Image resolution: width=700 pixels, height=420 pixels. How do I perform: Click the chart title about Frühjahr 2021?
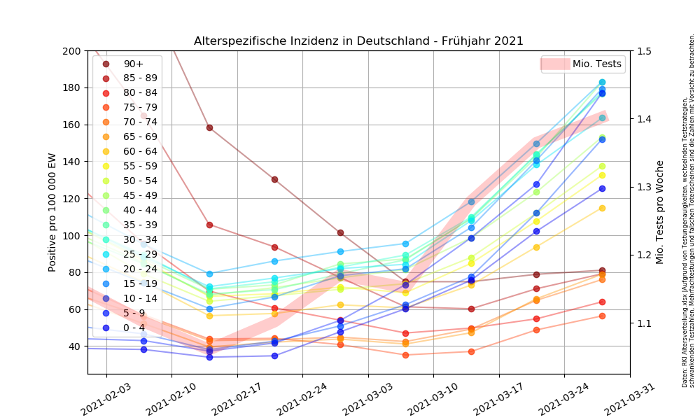(358, 41)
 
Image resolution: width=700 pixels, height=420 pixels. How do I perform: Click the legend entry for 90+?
(133, 64)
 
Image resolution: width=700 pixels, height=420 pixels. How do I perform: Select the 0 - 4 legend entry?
(133, 328)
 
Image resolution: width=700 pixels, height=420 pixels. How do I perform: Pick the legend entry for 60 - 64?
(140, 152)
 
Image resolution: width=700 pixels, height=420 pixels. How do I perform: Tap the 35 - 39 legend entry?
(140, 225)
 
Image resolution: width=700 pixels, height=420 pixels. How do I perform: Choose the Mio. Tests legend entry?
(596, 64)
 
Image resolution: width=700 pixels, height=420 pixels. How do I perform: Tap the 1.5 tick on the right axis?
(644, 51)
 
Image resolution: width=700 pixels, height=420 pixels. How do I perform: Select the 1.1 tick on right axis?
(644, 323)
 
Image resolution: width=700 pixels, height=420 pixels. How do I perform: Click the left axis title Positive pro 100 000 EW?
(52, 213)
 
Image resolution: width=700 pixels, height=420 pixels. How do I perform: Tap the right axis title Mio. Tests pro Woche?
(660, 213)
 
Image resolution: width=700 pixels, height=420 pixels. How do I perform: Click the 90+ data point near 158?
(209, 127)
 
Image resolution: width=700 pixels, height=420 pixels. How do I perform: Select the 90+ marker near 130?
(274, 179)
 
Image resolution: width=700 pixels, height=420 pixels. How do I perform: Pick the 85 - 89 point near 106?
(209, 225)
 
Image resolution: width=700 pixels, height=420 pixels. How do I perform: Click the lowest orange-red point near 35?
(405, 355)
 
